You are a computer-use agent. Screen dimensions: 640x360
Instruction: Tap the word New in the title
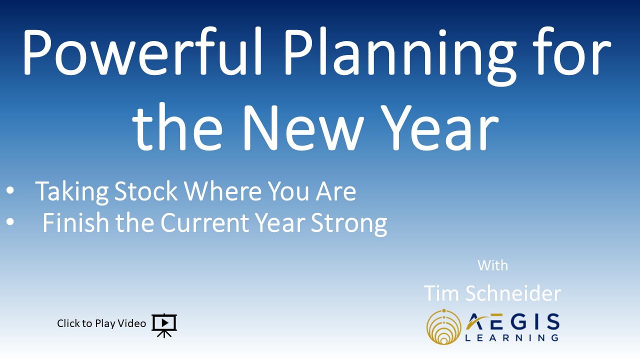tap(303, 127)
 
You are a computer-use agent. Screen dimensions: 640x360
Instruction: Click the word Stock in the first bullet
tap(145, 191)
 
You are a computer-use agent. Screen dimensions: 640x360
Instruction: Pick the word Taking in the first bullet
tap(71, 192)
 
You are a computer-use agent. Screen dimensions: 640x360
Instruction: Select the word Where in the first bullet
tap(223, 191)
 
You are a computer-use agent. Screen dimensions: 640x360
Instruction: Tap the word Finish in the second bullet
tap(75, 222)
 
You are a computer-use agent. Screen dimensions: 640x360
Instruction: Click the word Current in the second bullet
tap(205, 222)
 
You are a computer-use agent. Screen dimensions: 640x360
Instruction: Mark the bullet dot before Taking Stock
tap(10, 190)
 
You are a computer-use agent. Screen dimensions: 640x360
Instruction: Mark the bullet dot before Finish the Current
tap(10, 221)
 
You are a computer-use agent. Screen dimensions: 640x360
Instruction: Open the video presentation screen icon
tap(164, 325)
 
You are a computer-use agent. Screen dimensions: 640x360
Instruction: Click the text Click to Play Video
tap(101, 323)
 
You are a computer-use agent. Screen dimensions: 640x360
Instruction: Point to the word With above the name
tap(492, 265)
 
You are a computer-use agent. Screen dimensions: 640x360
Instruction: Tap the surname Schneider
tap(513, 293)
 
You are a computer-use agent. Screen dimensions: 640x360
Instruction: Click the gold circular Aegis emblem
tap(443, 327)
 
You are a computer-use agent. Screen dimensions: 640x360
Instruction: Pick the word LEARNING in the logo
tap(511, 338)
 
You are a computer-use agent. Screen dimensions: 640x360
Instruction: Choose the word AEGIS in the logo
tap(512, 322)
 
